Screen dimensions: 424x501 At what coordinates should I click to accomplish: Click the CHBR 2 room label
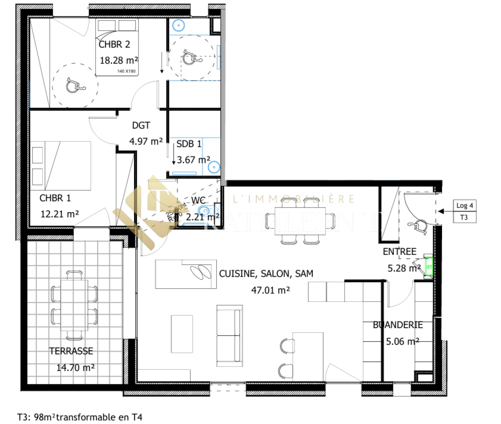114,44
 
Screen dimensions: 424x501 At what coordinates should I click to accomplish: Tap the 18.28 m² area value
119,60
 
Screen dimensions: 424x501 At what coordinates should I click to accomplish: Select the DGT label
141,125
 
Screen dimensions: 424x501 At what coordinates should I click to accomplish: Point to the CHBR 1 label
55,198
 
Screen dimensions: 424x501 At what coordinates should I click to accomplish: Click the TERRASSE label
71,351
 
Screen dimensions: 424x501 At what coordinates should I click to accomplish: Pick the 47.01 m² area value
270,290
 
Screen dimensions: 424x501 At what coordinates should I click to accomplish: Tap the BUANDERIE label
398,325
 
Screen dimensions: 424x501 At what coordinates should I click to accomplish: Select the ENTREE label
400,252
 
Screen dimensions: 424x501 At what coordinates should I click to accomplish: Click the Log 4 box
465,206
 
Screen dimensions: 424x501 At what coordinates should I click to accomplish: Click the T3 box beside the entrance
464,217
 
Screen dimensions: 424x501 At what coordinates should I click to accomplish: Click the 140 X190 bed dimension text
126,71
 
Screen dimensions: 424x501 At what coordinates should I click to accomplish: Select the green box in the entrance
429,267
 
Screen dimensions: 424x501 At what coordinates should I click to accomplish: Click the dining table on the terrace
74,305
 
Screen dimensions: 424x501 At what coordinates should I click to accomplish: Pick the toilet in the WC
206,211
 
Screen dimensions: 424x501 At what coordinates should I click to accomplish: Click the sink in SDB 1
214,167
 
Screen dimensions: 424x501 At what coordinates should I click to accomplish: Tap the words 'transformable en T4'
99,417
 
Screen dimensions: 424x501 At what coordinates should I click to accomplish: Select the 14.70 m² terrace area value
75,368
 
